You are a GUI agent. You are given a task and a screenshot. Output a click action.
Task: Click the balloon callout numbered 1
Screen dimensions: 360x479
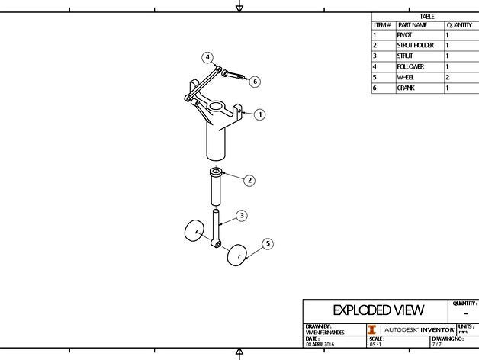(260, 114)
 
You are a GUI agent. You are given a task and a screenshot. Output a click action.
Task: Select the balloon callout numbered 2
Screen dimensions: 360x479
(249, 181)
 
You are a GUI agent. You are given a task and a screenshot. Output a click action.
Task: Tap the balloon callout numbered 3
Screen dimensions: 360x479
(241, 216)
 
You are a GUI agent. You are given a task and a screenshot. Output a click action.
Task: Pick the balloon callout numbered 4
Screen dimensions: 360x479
(207, 57)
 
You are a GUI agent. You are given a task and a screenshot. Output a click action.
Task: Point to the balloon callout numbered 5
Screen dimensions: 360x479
(268, 243)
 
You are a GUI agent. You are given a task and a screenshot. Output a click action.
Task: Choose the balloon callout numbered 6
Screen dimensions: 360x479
(255, 82)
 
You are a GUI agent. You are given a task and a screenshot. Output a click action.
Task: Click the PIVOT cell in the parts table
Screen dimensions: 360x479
(404, 35)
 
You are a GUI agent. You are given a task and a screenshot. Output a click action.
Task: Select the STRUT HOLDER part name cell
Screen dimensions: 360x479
(415, 46)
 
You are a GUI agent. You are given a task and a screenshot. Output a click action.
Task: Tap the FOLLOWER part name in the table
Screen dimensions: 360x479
(410, 67)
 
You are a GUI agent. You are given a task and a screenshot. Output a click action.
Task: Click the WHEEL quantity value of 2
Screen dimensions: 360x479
(447, 78)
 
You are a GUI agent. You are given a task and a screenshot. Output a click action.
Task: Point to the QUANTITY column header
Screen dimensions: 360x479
(459, 25)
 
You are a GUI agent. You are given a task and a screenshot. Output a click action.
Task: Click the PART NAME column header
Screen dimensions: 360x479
(412, 25)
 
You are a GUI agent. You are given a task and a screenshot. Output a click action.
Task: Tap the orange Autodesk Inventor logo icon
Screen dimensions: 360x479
(372, 329)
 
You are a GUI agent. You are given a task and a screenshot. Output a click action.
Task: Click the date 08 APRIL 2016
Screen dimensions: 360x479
(320, 344)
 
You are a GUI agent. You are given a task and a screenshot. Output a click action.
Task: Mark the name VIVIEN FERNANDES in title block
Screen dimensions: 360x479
(324, 333)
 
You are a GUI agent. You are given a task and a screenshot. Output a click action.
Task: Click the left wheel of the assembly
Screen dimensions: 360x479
(193, 230)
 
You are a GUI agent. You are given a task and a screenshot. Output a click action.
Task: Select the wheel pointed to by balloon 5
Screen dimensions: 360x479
(237, 255)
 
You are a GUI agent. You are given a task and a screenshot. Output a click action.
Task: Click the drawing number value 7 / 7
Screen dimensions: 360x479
(436, 344)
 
